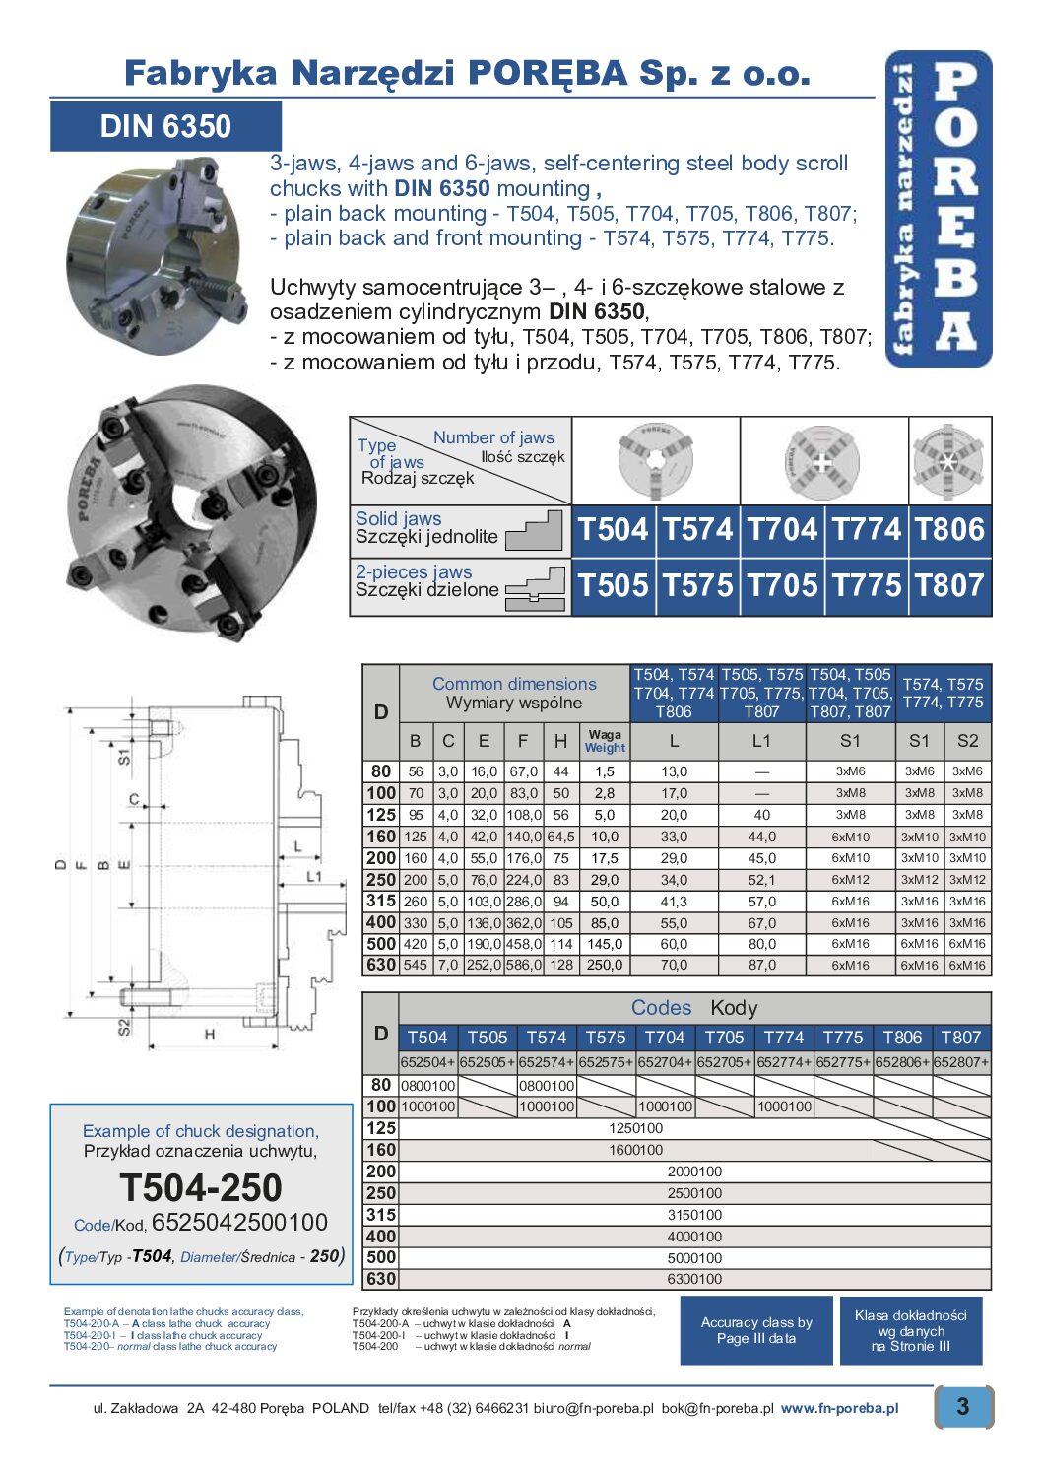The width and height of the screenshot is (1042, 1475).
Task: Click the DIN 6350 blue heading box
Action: [x=165, y=127]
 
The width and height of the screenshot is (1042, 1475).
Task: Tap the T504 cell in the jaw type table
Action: [x=613, y=530]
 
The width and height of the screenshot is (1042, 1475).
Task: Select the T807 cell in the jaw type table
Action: [x=949, y=586]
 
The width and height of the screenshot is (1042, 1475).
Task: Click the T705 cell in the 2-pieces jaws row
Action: [x=782, y=586]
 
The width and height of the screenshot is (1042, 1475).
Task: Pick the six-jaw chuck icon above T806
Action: [x=948, y=461]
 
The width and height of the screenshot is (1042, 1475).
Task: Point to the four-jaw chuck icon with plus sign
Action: [x=822, y=461]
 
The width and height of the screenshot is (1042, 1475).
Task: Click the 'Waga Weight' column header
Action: [x=605, y=741]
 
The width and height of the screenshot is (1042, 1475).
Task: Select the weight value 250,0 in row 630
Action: [x=605, y=966]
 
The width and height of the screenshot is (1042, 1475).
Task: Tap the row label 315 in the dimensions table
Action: [x=381, y=901]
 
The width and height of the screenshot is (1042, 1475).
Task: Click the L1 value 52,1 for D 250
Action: [x=761, y=880]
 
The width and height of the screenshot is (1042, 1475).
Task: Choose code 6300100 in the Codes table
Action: [x=694, y=1279]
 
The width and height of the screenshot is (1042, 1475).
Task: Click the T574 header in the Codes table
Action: [x=546, y=1038]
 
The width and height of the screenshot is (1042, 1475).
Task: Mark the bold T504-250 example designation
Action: [x=201, y=1188]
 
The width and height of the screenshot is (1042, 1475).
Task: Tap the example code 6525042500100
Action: [x=239, y=1223]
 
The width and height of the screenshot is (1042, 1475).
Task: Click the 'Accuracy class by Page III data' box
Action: [x=756, y=1330]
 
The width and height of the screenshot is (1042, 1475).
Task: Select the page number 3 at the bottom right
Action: [x=962, y=1406]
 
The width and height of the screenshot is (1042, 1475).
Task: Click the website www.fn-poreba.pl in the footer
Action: [x=839, y=1408]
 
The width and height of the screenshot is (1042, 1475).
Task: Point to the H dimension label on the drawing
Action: [x=210, y=1034]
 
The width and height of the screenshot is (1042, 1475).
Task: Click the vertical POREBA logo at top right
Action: [x=939, y=209]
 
